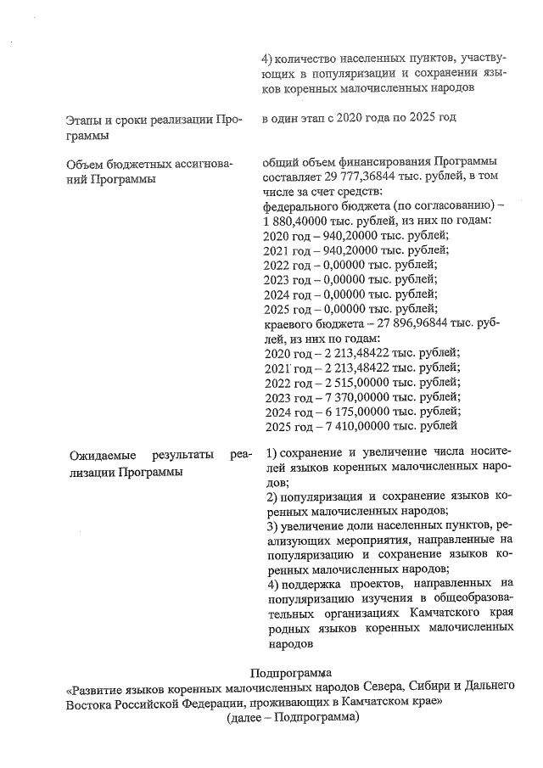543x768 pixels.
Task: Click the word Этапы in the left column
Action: click(88, 120)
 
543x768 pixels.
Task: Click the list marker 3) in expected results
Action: click(272, 526)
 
